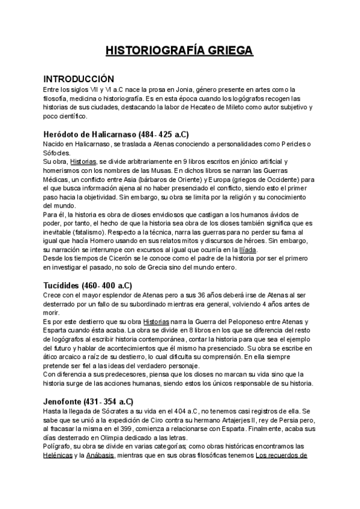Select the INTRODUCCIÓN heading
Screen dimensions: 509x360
point(79,79)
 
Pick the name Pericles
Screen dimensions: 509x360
point(290,144)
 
